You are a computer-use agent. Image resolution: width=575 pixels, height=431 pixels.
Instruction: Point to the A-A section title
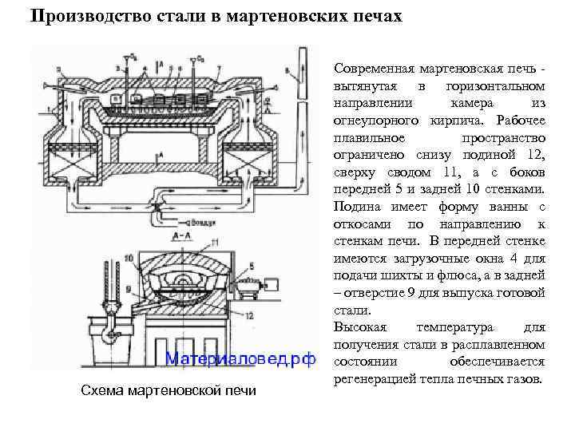[180, 237]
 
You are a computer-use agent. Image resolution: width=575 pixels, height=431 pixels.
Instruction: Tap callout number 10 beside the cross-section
[128, 259]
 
